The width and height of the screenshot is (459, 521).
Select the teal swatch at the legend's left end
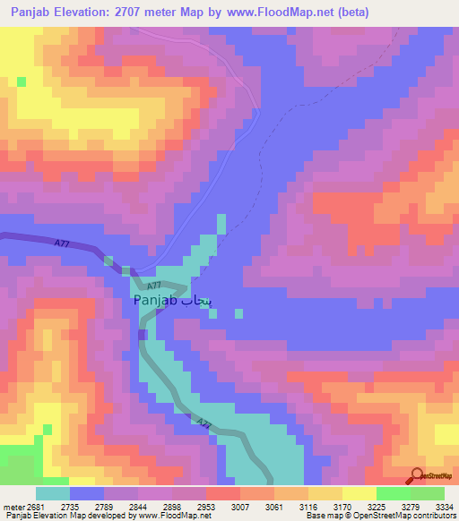[x=52, y=492]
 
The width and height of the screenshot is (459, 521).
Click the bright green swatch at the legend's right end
[x=428, y=492]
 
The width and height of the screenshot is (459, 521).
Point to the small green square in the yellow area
[x=21, y=81]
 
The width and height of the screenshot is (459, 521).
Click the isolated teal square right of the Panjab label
[x=238, y=313]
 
